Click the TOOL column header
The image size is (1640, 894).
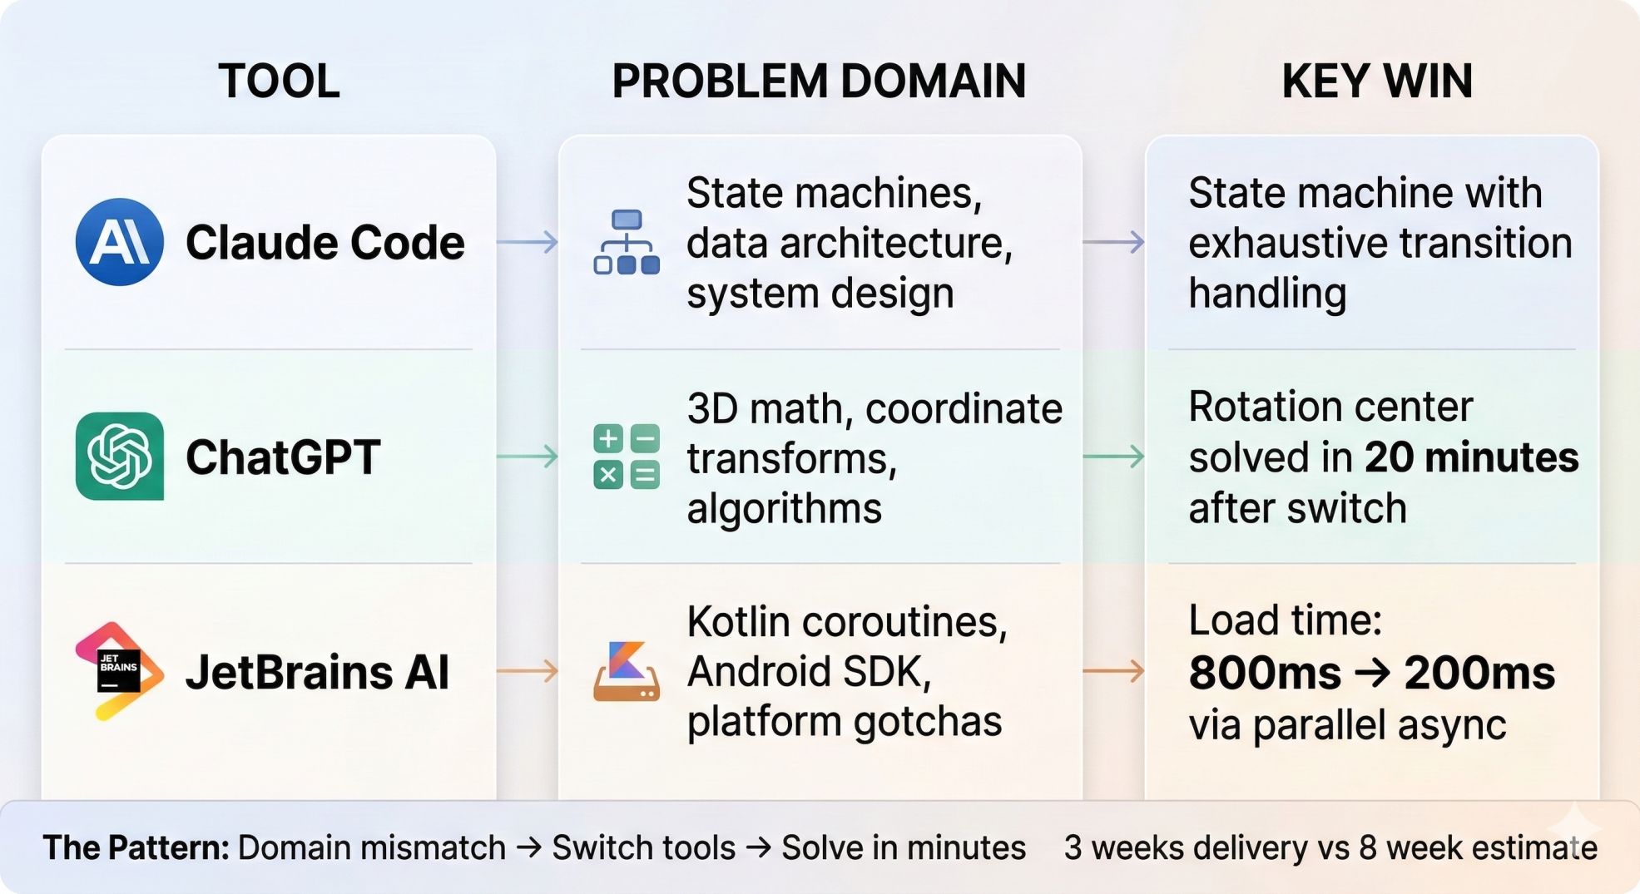point(279,81)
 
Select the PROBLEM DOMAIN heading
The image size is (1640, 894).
point(819,81)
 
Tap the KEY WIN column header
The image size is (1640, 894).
point(1377,81)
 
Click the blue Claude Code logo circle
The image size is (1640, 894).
point(119,242)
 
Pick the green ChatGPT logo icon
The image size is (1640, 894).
point(119,456)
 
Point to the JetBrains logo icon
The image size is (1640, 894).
point(119,671)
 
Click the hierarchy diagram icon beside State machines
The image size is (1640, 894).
point(627,242)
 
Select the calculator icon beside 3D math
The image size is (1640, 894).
point(627,456)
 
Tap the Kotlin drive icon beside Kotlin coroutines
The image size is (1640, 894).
point(627,671)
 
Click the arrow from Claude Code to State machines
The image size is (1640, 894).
point(528,242)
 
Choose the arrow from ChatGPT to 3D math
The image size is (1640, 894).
point(528,456)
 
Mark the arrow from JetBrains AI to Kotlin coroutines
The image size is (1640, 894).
point(528,671)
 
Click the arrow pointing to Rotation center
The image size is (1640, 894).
point(1113,456)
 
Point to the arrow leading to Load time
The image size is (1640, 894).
point(1113,671)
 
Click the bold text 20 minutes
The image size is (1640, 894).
point(1471,457)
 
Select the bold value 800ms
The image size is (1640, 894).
point(1265,673)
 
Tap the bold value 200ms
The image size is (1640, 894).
point(1479,673)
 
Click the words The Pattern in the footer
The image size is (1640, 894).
point(136,847)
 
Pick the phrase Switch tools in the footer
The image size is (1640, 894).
point(643,847)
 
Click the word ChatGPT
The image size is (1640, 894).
point(283,457)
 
